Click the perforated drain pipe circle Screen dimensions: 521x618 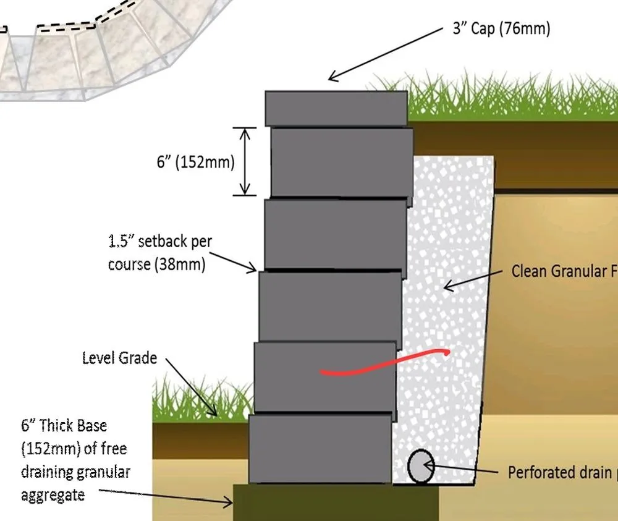tap(421, 467)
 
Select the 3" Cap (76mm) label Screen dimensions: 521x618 tap(501, 29)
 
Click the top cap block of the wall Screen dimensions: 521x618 tap(336, 108)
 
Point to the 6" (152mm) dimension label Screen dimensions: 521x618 tap(195, 163)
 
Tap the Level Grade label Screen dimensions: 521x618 tap(119, 358)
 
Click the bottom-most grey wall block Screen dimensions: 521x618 tap(320, 448)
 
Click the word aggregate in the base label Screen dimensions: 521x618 tap(53, 495)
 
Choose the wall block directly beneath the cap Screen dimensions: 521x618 tap(342, 163)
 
